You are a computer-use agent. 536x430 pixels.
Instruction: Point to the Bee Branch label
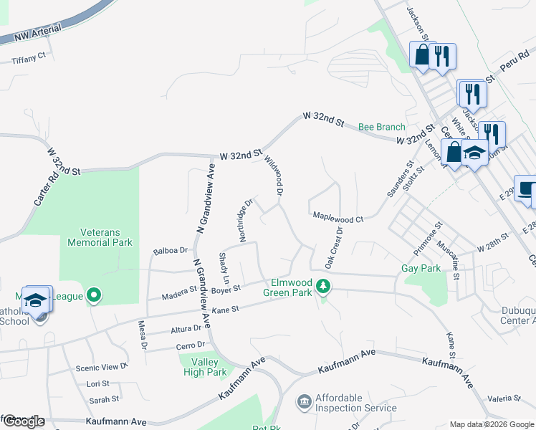[x=382, y=127]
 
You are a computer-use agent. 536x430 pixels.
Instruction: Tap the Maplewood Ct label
[x=338, y=216]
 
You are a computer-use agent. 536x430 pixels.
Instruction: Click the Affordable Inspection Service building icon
[x=304, y=401]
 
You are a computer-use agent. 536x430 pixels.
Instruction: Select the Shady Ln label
[x=224, y=266]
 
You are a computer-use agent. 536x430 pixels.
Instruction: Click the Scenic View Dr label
[x=101, y=367]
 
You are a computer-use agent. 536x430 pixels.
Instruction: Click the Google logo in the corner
[x=23, y=421]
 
